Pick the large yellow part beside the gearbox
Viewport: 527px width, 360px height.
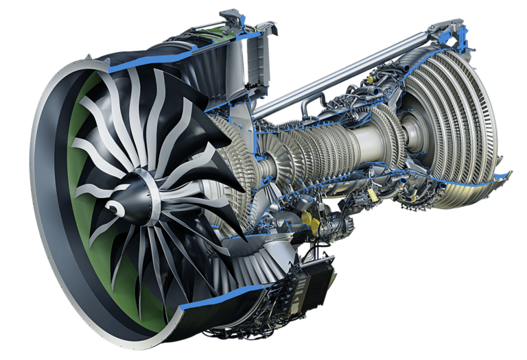[x=308, y=221]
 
